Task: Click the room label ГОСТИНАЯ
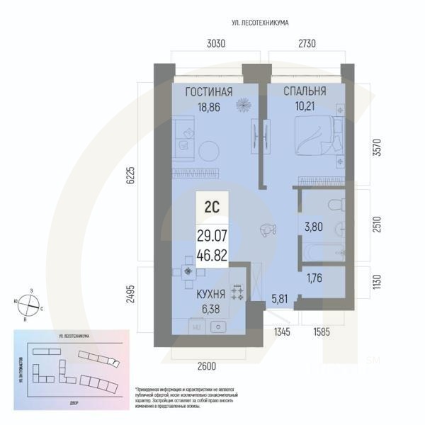209,92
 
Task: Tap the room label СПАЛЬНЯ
305,91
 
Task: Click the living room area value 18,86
209,108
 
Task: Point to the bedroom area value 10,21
304,108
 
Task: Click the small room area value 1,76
314,278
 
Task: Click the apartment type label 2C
211,208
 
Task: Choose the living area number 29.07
211,235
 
